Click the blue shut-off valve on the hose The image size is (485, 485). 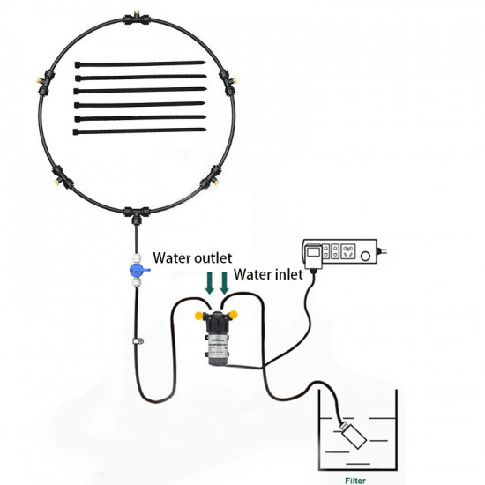(x=137, y=270)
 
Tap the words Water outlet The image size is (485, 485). (x=192, y=258)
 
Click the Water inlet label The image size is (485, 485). (x=268, y=274)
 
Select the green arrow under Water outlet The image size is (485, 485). (x=210, y=283)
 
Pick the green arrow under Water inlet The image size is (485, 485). (x=224, y=283)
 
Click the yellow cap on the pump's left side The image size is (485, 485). (x=198, y=316)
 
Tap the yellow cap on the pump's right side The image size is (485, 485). (x=234, y=315)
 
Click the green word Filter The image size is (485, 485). (x=355, y=481)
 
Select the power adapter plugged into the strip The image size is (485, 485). (x=314, y=256)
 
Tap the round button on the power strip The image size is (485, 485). (x=366, y=256)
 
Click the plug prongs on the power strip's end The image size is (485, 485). (x=383, y=251)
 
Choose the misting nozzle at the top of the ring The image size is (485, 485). (x=137, y=14)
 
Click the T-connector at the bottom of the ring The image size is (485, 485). (x=137, y=214)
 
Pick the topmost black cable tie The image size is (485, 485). (x=140, y=64)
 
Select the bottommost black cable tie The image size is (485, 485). (x=139, y=131)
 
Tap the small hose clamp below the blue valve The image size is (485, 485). (x=138, y=341)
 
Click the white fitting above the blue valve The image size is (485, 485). (x=136, y=257)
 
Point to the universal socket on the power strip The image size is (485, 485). (x=348, y=251)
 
